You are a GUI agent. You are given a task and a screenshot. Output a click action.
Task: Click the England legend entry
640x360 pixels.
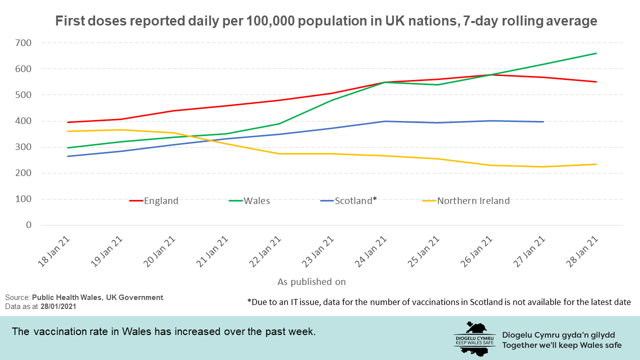[160, 201]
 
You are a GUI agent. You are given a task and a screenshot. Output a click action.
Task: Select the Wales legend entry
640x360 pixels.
[256, 201]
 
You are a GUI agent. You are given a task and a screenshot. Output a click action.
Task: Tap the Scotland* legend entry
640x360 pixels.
[355, 201]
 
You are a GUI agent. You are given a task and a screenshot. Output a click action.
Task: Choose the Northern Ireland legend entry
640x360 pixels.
[473, 201]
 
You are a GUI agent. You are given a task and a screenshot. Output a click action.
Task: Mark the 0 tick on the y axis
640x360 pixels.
[28, 225]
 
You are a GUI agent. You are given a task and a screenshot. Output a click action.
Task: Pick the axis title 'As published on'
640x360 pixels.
[311, 281]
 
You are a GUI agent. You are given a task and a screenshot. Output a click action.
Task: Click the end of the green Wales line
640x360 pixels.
[596, 53]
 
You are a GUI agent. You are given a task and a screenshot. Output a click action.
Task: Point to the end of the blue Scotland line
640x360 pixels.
[543, 121]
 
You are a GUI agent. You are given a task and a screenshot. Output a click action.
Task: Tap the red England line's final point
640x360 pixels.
[596, 81]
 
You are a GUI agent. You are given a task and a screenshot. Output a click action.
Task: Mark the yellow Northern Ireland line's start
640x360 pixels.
[67, 131]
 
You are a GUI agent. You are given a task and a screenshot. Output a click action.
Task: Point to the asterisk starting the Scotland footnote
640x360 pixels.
[249, 302]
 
